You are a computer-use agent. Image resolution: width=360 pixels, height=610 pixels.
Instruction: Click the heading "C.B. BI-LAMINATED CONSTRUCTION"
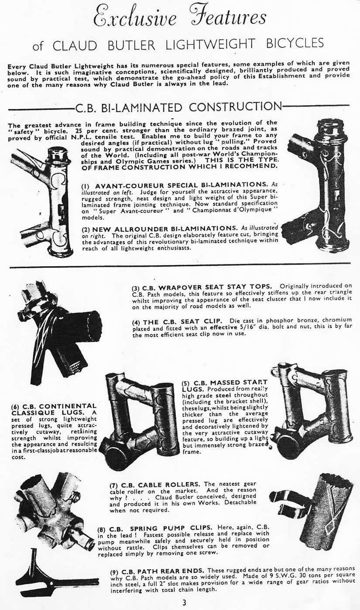click(178, 107)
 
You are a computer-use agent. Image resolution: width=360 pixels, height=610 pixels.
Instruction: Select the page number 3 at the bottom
click(184, 602)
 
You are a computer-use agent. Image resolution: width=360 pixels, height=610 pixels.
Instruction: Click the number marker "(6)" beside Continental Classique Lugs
click(16, 407)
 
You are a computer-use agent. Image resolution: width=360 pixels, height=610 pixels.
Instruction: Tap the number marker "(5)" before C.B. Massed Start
click(186, 383)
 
